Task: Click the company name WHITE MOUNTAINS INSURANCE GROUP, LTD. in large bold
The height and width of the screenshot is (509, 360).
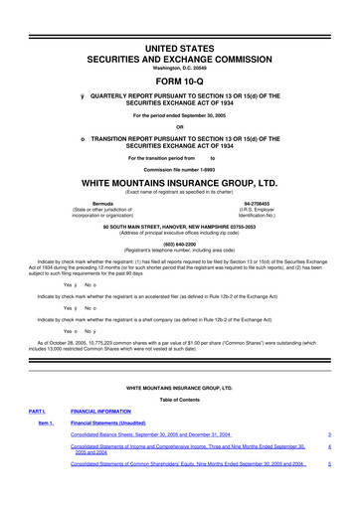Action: click(179, 184)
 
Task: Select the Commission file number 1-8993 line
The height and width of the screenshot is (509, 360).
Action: click(179, 169)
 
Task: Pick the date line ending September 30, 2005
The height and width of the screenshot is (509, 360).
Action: click(179, 113)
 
